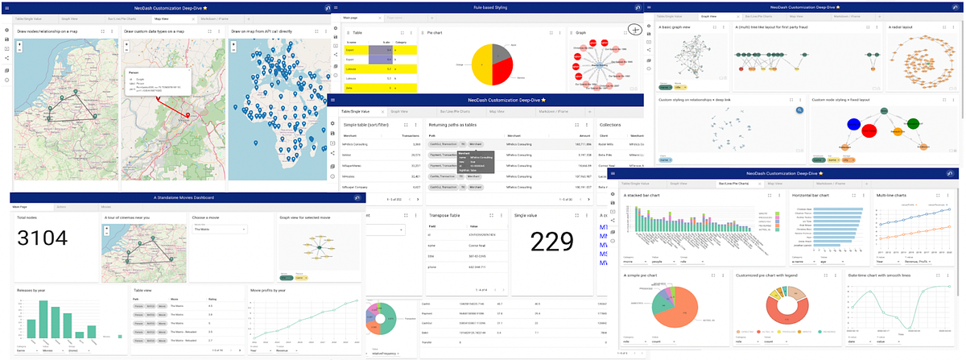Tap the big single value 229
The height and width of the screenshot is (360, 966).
[551, 242]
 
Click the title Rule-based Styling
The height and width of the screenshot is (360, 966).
[483, 6]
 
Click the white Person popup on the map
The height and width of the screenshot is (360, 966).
[154, 83]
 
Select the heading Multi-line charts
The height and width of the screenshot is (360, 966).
[894, 196]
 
